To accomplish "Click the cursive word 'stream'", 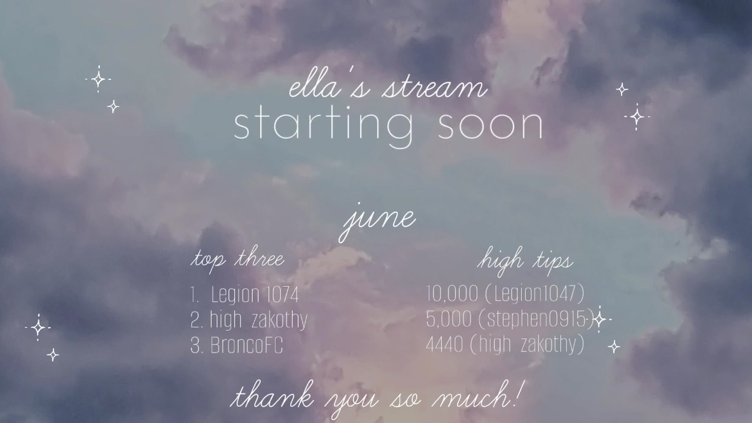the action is (x=435, y=88).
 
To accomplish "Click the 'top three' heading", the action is (x=237, y=260).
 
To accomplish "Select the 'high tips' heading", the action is (x=525, y=260).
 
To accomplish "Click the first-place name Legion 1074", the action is (x=255, y=295).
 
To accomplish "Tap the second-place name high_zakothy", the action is (x=258, y=320).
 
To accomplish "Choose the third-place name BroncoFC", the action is (x=246, y=345).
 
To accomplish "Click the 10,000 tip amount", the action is (x=452, y=294).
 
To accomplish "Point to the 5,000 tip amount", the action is (x=449, y=319).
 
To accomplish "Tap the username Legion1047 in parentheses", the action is (x=535, y=294).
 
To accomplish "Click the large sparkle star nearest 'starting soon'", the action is (x=637, y=117).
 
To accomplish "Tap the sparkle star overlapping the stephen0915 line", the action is (x=599, y=320).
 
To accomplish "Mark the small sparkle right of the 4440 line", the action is (x=614, y=347).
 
